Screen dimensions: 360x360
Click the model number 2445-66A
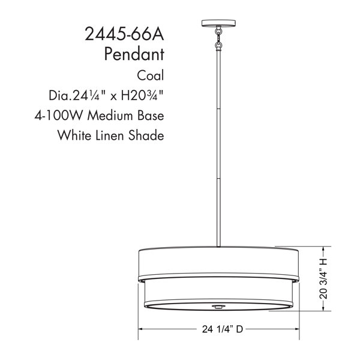(124, 34)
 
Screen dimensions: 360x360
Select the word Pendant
(134, 55)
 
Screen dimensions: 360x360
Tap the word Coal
(151, 76)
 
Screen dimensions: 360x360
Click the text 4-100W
(58, 115)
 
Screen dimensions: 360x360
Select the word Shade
(146, 135)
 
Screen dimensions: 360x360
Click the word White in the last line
(74, 135)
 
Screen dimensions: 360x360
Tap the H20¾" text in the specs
(142, 95)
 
